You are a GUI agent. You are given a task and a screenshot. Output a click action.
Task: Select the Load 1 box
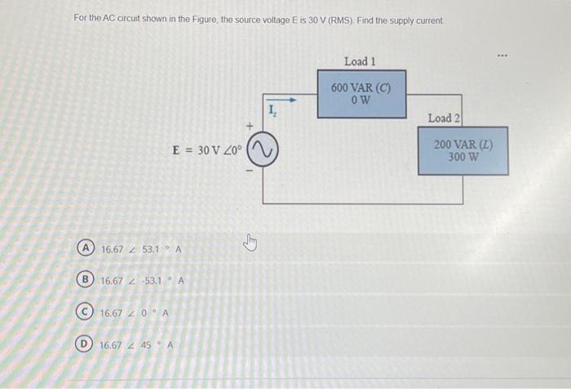click(x=361, y=93)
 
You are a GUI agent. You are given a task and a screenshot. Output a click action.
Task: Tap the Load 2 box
click(x=463, y=150)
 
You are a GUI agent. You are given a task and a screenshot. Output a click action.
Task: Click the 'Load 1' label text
click(x=360, y=61)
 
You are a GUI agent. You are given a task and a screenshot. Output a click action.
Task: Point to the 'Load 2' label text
click(x=444, y=118)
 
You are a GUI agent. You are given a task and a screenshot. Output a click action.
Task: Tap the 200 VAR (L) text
click(x=463, y=145)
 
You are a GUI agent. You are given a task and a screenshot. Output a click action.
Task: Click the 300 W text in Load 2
click(x=463, y=157)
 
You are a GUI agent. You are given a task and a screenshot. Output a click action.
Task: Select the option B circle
click(x=85, y=280)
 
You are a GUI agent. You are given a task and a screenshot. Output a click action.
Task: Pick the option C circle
click(x=85, y=312)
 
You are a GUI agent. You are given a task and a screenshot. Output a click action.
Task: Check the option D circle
click(x=85, y=344)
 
